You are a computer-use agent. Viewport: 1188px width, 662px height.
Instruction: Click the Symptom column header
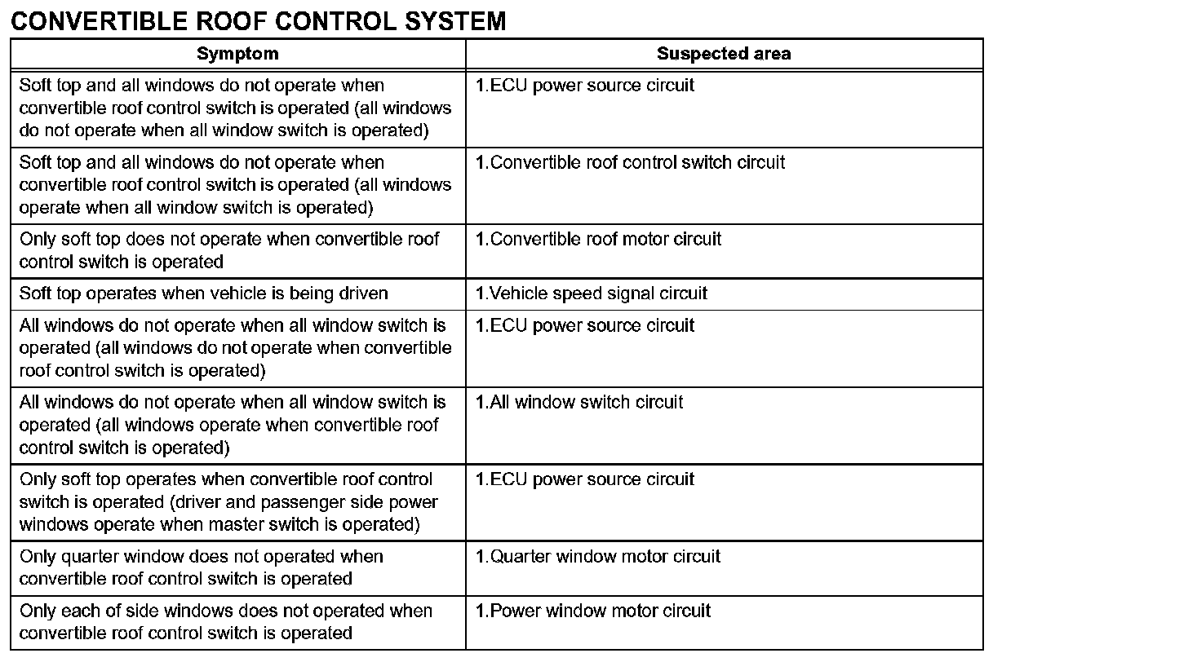point(237,54)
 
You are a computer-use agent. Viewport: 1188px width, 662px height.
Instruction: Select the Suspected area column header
point(723,54)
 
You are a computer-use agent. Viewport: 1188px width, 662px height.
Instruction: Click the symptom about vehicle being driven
point(203,293)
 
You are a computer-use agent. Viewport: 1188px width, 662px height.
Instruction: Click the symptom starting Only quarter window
point(201,567)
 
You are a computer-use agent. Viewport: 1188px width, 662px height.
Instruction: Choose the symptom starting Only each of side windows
point(225,622)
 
